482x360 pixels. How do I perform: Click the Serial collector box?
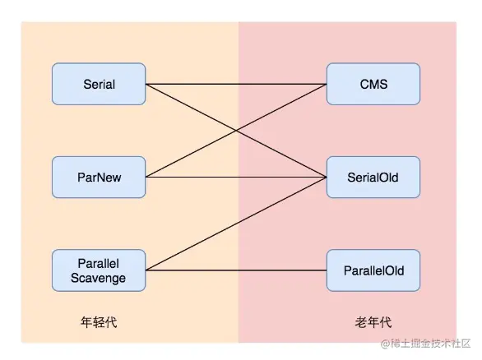point(99,84)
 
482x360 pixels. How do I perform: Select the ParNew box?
point(99,177)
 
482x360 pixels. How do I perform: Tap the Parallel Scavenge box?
point(99,270)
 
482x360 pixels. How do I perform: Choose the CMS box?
point(373,84)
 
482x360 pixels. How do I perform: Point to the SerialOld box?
point(373,177)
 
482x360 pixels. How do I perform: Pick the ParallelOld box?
point(373,270)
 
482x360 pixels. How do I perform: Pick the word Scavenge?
point(99,278)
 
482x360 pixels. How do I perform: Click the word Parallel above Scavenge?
point(99,263)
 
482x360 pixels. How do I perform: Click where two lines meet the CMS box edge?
point(327,84)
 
